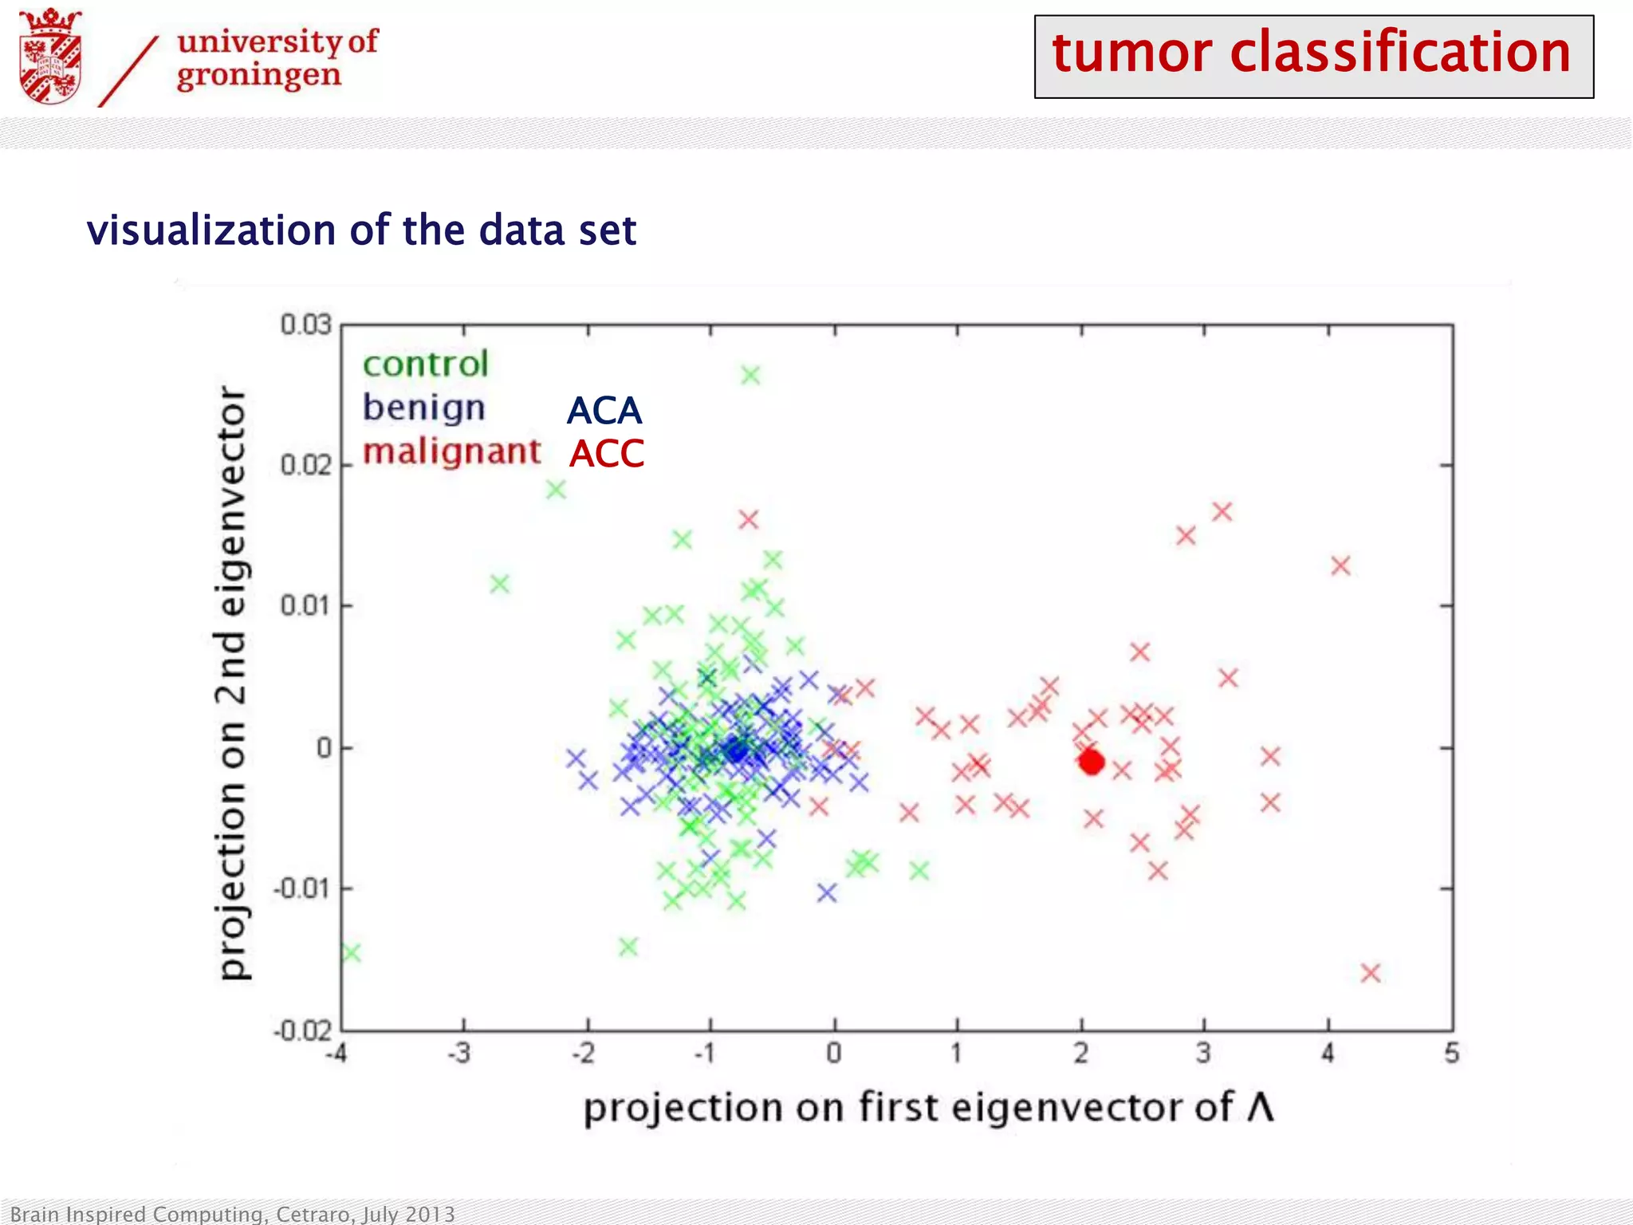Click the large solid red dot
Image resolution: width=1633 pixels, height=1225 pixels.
click(1091, 762)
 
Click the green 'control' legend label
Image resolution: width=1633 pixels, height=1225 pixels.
click(425, 364)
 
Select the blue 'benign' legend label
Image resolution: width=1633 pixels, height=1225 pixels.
click(423, 408)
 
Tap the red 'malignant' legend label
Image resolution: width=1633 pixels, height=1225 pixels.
click(451, 451)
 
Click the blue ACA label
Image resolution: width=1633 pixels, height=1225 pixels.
click(604, 412)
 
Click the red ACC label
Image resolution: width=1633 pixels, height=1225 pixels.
click(606, 455)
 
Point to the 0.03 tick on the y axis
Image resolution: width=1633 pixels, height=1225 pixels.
click(305, 325)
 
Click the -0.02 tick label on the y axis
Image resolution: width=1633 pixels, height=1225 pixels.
click(302, 1031)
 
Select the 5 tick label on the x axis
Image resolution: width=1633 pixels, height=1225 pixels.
click(1451, 1054)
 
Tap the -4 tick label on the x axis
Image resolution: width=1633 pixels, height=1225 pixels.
click(336, 1054)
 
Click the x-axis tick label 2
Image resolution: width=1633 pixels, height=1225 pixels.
click(1080, 1054)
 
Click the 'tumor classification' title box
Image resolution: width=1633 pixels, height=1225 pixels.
click(1313, 56)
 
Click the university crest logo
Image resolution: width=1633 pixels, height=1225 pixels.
click(51, 57)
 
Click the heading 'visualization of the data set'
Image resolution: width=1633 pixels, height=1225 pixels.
click(361, 230)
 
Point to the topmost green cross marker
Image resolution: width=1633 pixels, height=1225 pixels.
click(750, 375)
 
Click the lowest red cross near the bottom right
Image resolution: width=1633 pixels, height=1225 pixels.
click(1370, 973)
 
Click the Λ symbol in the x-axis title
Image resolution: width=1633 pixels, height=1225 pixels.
click(1260, 1107)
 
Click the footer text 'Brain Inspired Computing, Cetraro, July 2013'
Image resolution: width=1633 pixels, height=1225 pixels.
click(232, 1214)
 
